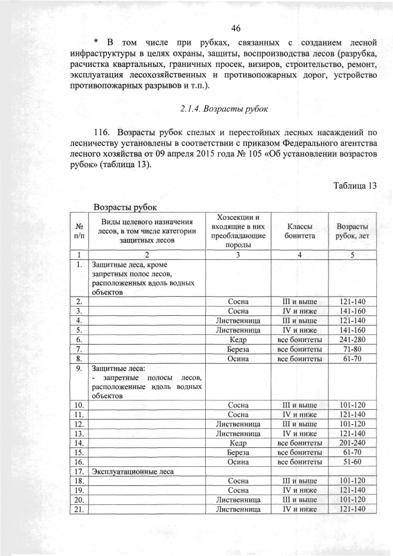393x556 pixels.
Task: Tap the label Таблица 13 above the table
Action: pos(354,186)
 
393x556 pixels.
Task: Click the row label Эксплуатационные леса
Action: pos(132,471)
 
